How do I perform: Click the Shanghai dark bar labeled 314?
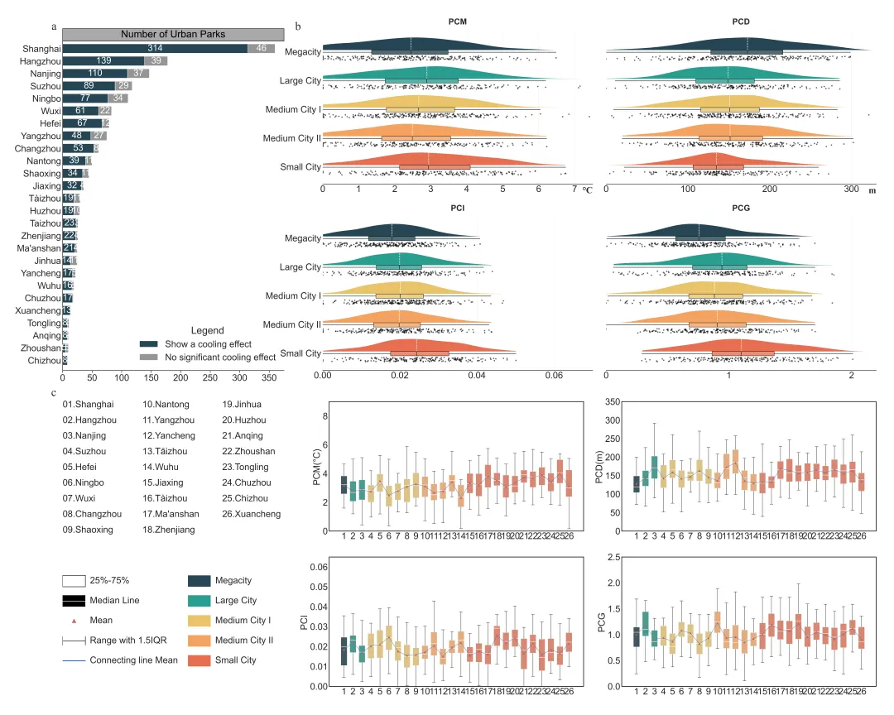pyautogui.click(x=156, y=49)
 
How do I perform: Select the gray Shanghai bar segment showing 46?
pyautogui.click(x=262, y=49)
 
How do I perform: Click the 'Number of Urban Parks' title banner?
pyautogui.click(x=173, y=34)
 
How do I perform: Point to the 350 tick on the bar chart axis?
pyautogui.click(x=268, y=378)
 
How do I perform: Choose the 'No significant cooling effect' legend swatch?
pyautogui.click(x=148, y=357)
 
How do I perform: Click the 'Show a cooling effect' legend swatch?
pyautogui.click(x=148, y=344)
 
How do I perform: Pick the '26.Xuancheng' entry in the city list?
pyautogui.click(x=252, y=514)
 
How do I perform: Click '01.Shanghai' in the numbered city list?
pyautogui.click(x=88, y=404)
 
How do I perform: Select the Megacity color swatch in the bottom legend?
pyautogui.click(x=199, y=581)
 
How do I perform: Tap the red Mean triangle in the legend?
pyautogui.click(x=74, y=620)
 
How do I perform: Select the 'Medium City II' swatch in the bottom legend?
pyautogui.click(x=199, y=641)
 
